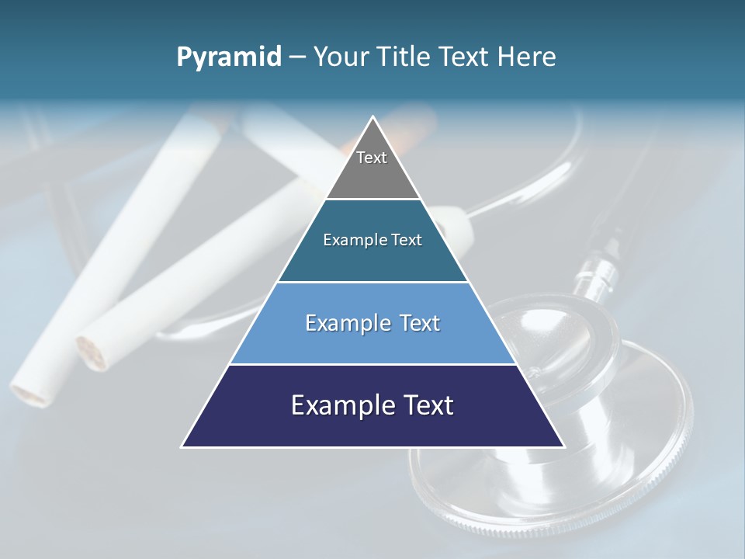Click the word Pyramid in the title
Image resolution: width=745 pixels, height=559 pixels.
(229, 57)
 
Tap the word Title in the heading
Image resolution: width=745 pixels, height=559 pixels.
(405, 57)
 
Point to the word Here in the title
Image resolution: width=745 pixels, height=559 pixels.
(527, 57)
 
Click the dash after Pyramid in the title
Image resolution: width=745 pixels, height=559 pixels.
(297, 57)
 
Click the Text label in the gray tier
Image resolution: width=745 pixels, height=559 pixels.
(372, 158)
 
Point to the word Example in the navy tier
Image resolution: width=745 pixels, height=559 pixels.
(341, 405)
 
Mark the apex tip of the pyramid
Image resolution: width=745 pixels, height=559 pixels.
(372, 118)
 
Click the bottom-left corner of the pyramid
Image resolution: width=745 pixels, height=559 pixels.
(183, 446)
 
